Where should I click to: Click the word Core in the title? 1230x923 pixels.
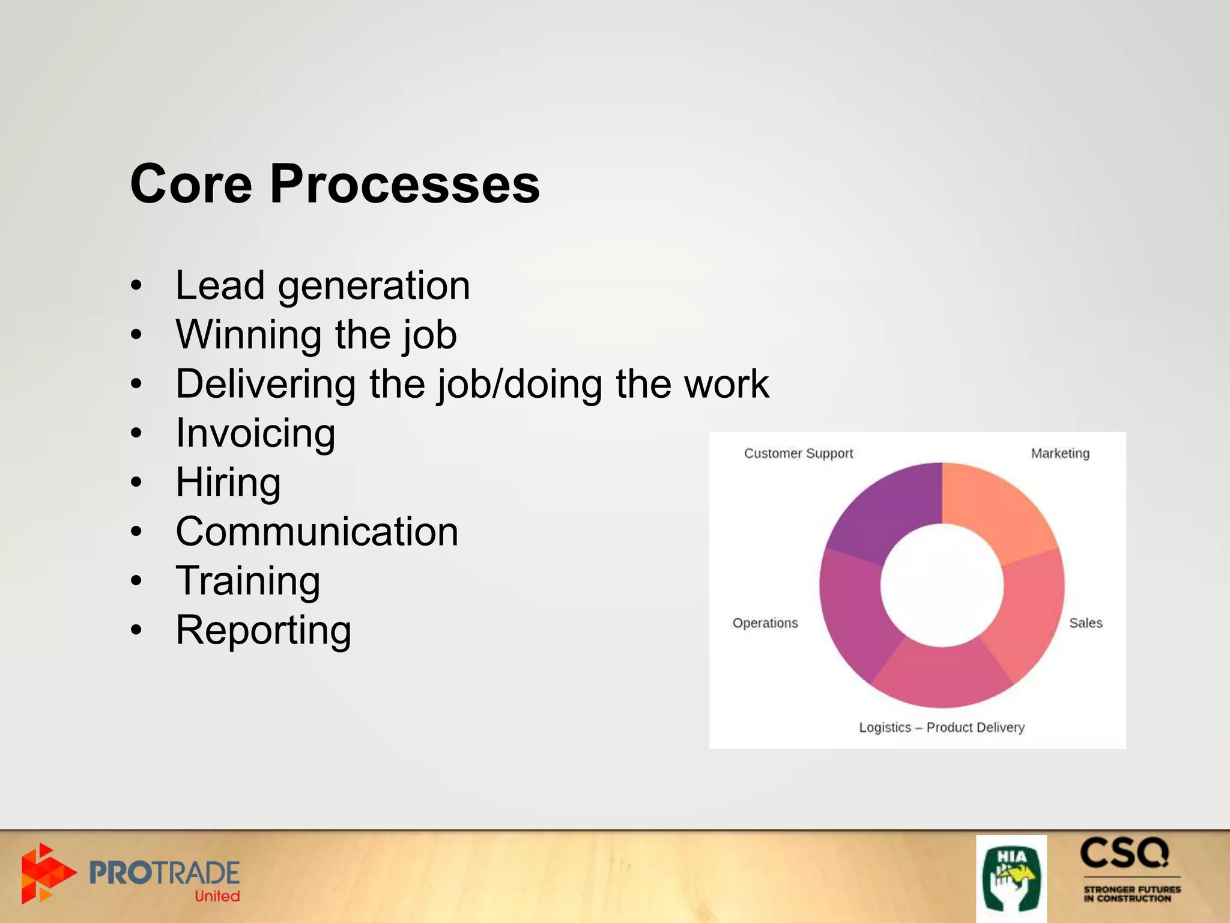coord(191,184)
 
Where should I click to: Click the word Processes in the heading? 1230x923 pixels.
coord(405,184)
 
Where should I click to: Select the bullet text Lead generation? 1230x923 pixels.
coord(323,285)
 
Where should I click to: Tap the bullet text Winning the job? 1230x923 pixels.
coord(316,335)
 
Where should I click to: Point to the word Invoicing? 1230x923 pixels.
coord(255,433)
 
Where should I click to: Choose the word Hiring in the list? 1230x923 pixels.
coord(228,483)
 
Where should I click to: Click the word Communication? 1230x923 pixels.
coord(317,532)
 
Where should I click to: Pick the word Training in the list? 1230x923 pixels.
coord(248,581)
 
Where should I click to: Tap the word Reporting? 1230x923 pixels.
coord(264,630)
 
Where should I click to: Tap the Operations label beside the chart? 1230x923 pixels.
coord(765,623)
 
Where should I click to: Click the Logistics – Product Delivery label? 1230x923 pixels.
coord(942,728)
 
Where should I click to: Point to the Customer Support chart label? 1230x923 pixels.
coord(798,454)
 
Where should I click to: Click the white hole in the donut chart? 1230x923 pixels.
coord(942,585)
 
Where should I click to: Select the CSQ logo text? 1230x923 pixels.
coord(1124,853)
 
